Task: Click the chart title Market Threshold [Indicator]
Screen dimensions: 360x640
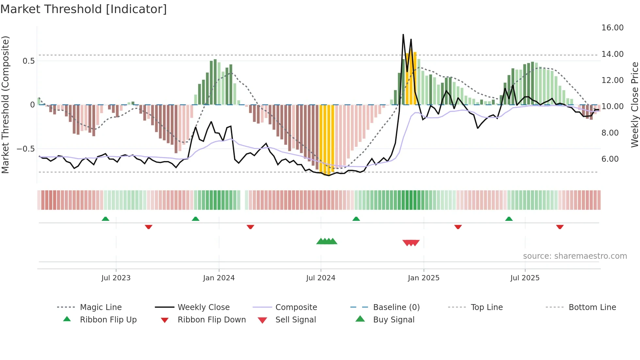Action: point(84,9)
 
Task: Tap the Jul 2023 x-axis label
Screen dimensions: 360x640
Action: point(116,278)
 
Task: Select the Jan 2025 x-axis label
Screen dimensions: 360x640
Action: point(424,278)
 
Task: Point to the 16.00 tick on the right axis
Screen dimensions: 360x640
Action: point(612,28)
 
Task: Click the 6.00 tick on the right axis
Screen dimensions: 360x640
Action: point(610,159)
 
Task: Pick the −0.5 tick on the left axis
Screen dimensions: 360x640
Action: point(25,149)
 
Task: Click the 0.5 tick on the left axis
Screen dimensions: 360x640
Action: point(28,61)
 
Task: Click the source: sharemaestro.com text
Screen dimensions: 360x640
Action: point(575,256)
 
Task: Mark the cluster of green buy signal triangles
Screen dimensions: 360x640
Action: point(327,242)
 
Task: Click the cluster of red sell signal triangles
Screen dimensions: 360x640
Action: point(411,243)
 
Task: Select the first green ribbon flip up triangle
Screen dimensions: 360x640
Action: point(105,219)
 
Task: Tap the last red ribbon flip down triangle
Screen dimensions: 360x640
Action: point(560,227)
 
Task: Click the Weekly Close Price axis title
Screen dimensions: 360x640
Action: point(634,105)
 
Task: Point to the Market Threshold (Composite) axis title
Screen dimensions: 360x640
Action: point(5,105)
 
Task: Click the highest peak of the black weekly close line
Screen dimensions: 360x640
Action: point(403,35)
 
